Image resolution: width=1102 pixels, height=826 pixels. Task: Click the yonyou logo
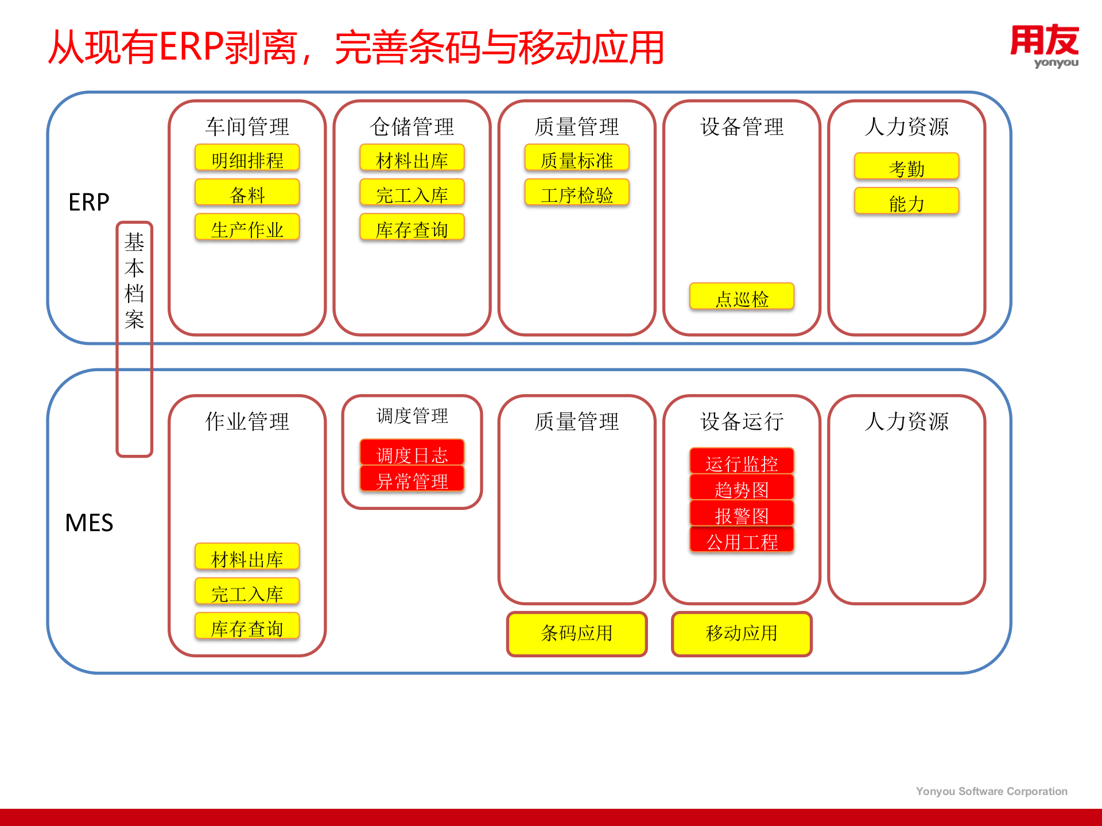pos(1044,46)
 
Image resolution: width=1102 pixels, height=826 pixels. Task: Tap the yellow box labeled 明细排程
pos(247,158)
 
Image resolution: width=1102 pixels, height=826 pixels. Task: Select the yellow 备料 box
pos(247,193)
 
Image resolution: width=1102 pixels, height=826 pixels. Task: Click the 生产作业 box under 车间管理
pos(247,228)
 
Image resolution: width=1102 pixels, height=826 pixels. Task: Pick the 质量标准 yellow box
pos(577,158)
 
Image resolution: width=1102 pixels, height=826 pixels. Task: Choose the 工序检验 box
pos(577,193)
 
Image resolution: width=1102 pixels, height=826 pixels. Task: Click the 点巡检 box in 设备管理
pos(742,297)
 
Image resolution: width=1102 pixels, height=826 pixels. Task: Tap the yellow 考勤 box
pos(906,167)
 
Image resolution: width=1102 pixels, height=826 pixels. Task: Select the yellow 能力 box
pos(906,202)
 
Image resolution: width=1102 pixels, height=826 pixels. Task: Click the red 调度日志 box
pos(412,453)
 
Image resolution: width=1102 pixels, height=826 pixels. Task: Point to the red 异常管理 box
pos(412,480)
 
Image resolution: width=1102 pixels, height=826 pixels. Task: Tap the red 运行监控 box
pos(742,462)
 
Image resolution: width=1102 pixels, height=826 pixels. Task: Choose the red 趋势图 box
pos(742,488)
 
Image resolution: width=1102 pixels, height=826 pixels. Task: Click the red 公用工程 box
pos(742,540)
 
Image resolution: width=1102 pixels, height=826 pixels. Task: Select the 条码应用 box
pos(577,633)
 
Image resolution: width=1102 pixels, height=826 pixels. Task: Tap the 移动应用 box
pos(742,633)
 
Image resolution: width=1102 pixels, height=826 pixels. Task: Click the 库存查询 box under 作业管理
pos(247,627)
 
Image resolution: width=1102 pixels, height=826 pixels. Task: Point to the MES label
pos(89,523)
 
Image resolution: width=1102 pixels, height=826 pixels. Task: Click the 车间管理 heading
pos(247,126)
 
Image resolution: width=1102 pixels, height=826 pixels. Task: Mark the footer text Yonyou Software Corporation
pos(991,791)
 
